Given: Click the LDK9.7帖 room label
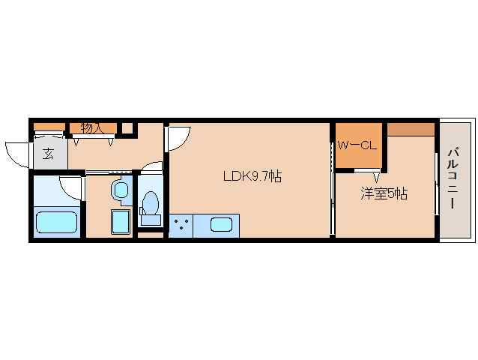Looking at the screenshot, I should [x=252, y=178].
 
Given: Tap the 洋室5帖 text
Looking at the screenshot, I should [x=384, y=193].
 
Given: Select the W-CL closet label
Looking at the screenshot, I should [x=357, y=145].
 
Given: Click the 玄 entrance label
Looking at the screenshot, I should [x=48, y=154].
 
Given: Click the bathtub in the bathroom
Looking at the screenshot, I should [x=57, y=223].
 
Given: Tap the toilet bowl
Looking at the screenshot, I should [x=151, y=204].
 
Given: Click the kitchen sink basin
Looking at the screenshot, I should [x=222, y=224].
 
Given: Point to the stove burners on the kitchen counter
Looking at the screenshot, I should [x=180, y=225].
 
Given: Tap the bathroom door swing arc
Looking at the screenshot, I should [x=71, y=187].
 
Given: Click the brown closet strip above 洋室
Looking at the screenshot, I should [x=410, y=128].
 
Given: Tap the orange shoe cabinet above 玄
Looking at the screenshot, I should [x=49, y=126].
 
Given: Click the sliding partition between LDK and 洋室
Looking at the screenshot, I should [x=332, y=180].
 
